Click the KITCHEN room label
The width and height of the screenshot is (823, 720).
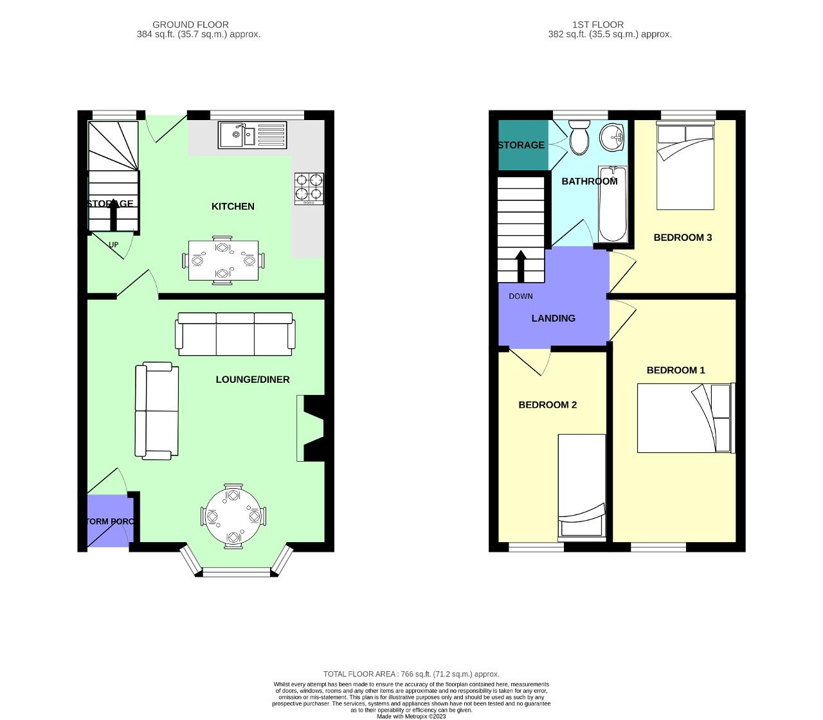(233, 206)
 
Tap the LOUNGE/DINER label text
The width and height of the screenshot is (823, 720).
(252, 380)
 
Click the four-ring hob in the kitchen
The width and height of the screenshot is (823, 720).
(309, 188)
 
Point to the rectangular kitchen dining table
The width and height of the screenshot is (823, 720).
(223, 260)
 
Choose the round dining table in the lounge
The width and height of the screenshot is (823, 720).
(233, 516)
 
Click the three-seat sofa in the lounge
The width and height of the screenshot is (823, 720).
(235, 333)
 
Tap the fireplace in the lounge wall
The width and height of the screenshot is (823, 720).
(311, 428)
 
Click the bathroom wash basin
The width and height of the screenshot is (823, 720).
(613, 137)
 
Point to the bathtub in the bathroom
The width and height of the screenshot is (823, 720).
(613, 204)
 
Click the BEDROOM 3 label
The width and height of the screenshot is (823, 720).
(682, 238)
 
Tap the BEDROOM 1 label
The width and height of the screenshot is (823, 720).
(675, 370)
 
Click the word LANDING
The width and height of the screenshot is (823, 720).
(553, 319)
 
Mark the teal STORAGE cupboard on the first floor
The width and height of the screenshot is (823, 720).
(522, 145)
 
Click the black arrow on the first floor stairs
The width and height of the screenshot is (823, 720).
(520, 265)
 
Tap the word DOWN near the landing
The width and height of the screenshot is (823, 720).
(520, 296)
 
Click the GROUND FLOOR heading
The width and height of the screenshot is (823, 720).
(190, 24)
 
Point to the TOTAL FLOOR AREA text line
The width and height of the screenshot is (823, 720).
(411, 674)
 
